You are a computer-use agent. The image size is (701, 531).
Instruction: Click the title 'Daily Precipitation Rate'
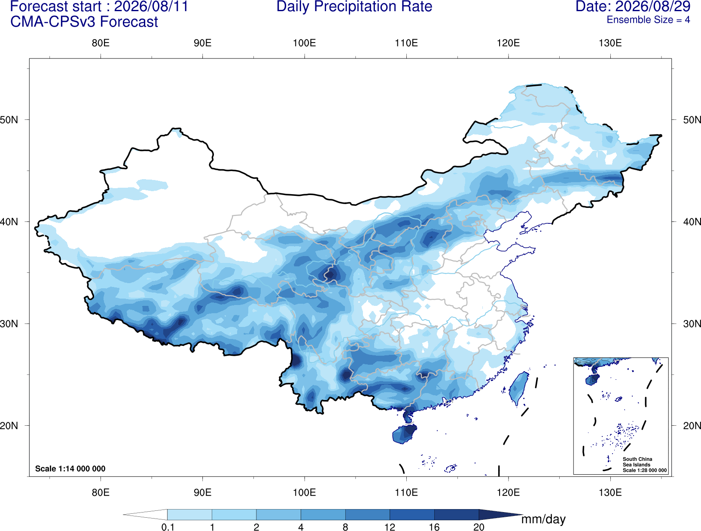point(354,7)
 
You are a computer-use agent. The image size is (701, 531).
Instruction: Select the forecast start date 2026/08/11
point(151,6)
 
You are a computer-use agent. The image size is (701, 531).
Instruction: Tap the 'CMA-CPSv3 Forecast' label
point(84,22)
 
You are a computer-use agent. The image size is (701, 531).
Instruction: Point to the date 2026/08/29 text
point(653,6)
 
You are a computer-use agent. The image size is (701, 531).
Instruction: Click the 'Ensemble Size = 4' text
point(648,20)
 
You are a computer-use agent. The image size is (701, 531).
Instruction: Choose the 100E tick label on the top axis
point(305,43)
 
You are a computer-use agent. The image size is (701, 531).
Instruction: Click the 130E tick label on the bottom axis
point(610,492)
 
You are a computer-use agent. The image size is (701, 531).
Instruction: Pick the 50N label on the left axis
point(9,120)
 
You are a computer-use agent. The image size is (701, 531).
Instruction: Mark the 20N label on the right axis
point(692,426)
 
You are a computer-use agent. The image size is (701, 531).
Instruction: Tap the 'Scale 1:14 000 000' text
point(70,468)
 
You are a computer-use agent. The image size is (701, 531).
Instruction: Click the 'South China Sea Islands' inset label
point(637,462)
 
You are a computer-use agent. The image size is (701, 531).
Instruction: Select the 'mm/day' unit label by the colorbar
point(543,519)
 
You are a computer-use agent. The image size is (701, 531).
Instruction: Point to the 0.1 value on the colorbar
point(168,527)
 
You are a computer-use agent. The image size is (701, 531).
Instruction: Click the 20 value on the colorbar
point(479,527)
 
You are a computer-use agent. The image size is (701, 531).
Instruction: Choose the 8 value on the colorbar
point(345,527)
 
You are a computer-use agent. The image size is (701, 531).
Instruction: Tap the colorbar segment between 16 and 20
point(456,514)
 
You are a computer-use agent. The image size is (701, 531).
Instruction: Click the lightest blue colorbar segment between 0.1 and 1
point(189,514)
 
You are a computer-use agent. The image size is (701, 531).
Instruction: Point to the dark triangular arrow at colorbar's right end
point(498,514)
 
